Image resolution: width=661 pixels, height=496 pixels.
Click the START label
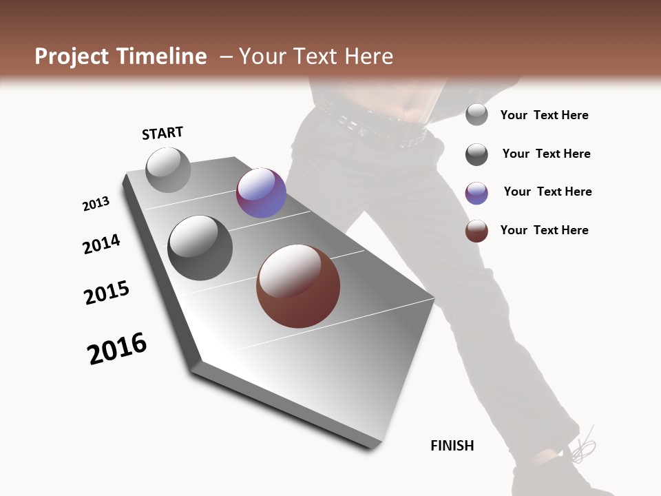pyautogui.click(x=162, y=133)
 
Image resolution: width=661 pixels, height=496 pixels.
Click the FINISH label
pyautogui.click(x=452, y=446)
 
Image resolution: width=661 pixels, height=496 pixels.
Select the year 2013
pyautogui.click(x=96, y=204)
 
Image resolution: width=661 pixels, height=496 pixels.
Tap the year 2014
pyautogui.click(x=101, y=244)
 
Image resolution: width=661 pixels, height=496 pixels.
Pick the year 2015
pyautogui.click(x=107, y=293)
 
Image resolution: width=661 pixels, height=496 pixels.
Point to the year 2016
pyautogui.click(x=117, y=349)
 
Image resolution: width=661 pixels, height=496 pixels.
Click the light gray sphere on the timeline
pyautogui.click(x=169, y=170)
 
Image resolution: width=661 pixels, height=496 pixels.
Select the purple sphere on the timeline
pyautogui.click(x=261, y=193)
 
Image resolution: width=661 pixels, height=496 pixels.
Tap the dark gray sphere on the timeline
pyautogui.click(x=200, y=248)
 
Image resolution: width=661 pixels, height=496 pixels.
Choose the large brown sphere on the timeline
pyautogui.click(x=298, y=286)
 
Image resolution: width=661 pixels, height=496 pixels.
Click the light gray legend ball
pyautogui.click(x=476, y=114)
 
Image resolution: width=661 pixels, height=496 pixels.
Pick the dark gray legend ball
pyautogui.click(x=476, y=154)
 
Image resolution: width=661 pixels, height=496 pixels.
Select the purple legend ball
pyautogui.click(x=476, y=193)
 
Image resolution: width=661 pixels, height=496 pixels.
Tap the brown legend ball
pyautogui.click(x=476, y=231)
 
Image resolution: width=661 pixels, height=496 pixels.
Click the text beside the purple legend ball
pyautogui.click(x=547, y=192)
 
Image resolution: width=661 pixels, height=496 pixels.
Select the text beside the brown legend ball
pyautogui.click(x=544, y=230)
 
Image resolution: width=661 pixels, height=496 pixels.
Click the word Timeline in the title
pyautogui.click(x=162, y=56)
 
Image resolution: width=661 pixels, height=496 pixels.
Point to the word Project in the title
pyautogui.click(x=71, y=56)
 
